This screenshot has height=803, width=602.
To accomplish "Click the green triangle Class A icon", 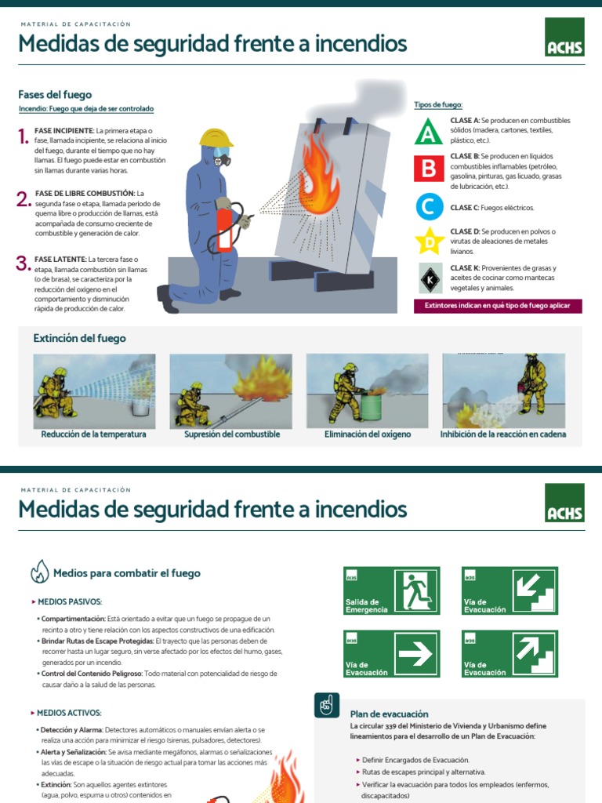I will tap(427, 131).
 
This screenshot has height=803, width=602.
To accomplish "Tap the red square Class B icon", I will tap(428, 168).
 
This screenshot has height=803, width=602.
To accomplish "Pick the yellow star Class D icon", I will tap(429, 242).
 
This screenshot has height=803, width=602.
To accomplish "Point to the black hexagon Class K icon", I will tap(429, 278).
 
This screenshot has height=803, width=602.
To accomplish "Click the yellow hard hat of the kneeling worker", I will tap(216, 138).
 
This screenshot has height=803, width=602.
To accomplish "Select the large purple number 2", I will tap(23, 199).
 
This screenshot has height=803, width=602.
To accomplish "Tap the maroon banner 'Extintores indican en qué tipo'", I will tap(498, 306).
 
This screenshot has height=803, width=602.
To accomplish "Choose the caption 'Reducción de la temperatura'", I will tap(94, 434).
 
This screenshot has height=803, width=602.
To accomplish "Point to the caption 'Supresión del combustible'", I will tap(232, 434).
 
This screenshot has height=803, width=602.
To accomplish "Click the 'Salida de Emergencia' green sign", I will tap(391, 590).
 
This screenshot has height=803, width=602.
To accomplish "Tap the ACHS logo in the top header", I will tap(564, 38).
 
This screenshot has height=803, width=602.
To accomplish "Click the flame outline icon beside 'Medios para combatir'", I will tap(39, 572).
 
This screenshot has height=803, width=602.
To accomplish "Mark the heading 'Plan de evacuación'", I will tap(389, 714).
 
